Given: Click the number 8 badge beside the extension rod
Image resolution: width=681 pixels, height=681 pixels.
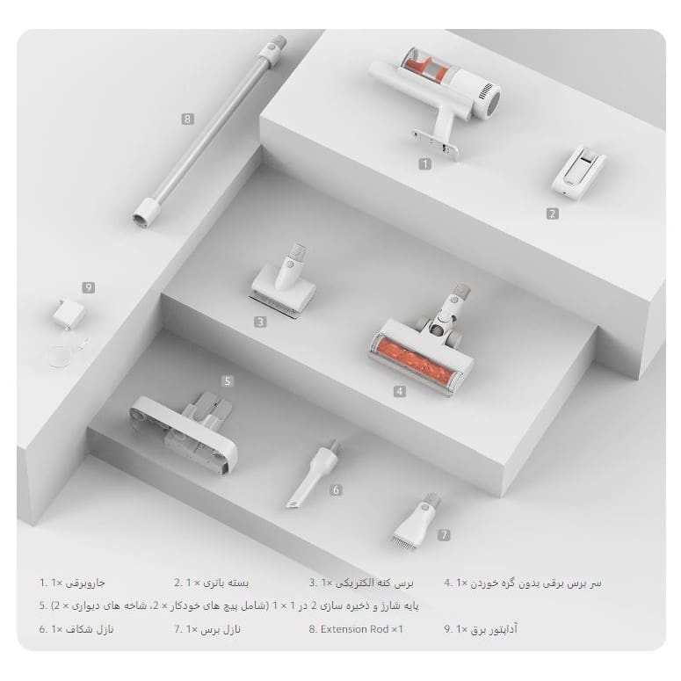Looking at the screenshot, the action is coord(188,119).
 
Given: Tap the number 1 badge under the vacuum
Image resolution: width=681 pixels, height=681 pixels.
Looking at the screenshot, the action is coord(424,163).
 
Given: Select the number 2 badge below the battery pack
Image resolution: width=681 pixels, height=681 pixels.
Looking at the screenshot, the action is coord(553,214).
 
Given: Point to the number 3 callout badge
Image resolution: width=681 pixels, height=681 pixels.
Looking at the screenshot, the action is coord(260,322).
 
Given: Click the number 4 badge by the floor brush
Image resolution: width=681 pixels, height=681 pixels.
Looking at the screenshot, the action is coord(400,391).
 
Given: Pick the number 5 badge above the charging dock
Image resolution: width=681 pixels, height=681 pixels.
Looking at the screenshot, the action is coord(227,381).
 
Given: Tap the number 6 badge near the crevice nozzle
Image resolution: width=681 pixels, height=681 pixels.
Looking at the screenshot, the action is coord(336,490).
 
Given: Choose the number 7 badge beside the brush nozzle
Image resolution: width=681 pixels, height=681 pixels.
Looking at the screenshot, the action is coord(444,535).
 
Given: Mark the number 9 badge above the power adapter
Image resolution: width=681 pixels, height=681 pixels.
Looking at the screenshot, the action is coord(89,287).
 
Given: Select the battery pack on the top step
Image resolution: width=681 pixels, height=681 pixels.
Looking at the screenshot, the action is coord(578,170).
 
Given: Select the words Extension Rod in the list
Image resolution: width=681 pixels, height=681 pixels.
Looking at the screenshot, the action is coord(354,629).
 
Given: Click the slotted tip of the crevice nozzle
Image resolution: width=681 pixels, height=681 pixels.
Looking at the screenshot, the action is coord(293,504).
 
